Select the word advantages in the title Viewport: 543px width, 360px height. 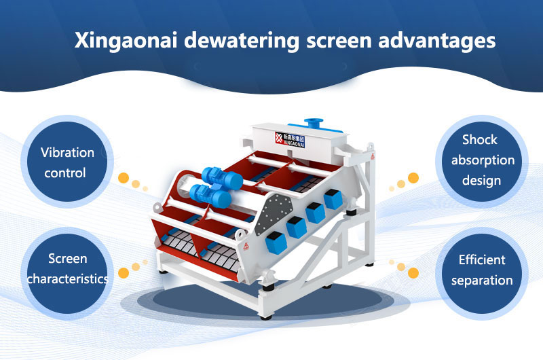[431, 40]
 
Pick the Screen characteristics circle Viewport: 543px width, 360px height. [67, 268]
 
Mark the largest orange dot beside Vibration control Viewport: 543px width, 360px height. [124, 178]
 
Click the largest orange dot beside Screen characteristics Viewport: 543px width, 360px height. [124, 273]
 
